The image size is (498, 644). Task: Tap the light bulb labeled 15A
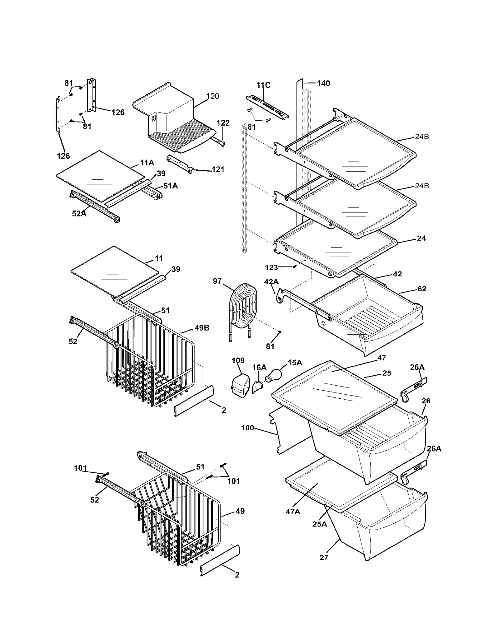tap(273, 375)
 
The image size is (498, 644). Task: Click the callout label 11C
tap(263, 85)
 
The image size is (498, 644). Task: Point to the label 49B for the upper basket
tap(202, 328)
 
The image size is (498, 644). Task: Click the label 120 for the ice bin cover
tap(213, 96)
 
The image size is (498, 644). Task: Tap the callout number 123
tap(271, 267)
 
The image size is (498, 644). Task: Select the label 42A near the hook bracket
tap(271, 282)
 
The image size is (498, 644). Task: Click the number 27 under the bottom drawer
tap(324, 558)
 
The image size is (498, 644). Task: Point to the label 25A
tap(320, 524)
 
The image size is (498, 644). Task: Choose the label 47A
tap(293, 512)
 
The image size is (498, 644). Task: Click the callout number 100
tap(247, 428)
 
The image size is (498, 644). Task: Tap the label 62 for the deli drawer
tap(422, 289)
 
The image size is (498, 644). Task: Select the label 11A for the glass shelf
tap(147, 163)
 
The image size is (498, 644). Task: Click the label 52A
tap(79, 214)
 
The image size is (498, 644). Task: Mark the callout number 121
tap(218, 169)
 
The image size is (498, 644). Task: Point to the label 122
tap(223, 123)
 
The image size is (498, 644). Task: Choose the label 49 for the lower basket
tap(240, 511)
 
